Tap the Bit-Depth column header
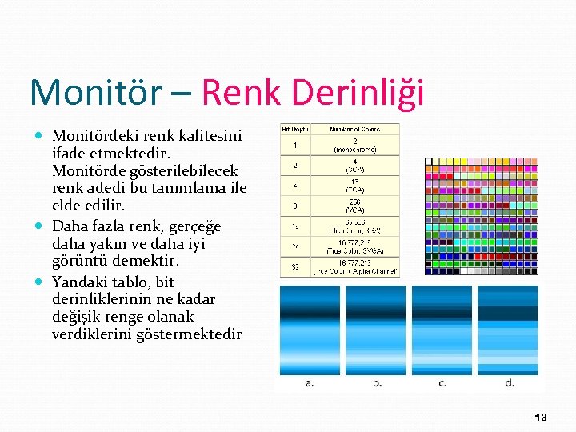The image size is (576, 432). point(294,128)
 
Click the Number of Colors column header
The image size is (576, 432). point(354,128)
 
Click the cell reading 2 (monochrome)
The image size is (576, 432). point(354,145)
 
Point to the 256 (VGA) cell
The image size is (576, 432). point(354,206)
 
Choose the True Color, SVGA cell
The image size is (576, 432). point(354,246)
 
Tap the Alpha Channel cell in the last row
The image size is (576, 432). point(354,267)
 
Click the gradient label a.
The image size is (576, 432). point(310,383)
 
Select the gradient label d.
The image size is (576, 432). point(510,383)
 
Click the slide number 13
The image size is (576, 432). point(541,417)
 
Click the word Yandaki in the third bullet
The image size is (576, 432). point(78,282)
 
